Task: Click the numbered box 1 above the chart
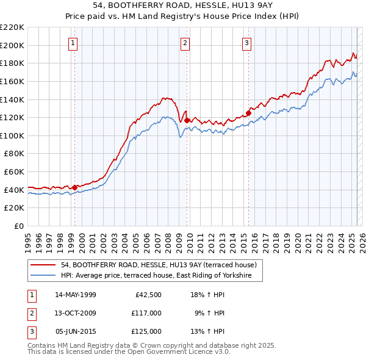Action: (73, 43)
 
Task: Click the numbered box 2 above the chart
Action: (185, 43)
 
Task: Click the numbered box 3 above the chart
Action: (246, 43)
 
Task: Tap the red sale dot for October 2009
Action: (187, 120)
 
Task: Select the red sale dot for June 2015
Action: (248, 113)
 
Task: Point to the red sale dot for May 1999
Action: (75, 187)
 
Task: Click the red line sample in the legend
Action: (44, 265)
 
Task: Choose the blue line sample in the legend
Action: (44, 276)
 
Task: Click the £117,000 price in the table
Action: (146, 313)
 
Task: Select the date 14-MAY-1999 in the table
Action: (76, 295)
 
